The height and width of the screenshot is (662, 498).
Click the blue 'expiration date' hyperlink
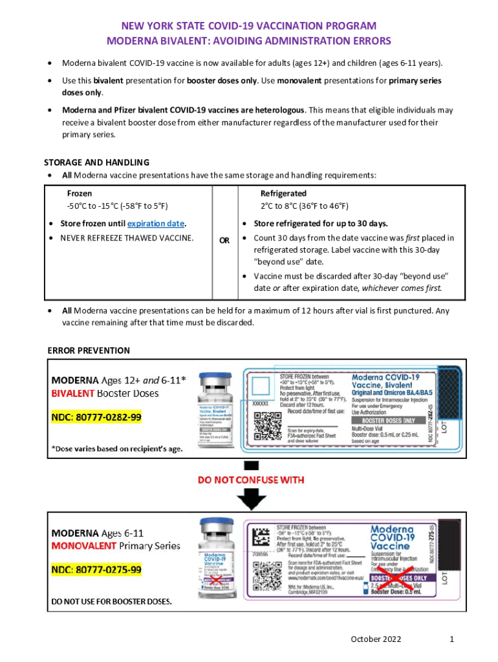[157, 224]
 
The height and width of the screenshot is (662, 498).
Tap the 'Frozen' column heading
[80, 193]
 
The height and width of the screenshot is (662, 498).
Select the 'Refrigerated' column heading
[283, 193]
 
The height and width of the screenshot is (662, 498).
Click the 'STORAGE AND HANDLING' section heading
[96, 162]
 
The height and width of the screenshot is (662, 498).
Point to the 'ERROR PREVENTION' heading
[89, 350]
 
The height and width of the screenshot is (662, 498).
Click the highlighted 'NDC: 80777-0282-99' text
[96, 417]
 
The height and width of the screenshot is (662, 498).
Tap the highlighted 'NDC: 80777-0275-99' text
[96, 570]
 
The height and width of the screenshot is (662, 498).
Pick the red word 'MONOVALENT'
[85, 546]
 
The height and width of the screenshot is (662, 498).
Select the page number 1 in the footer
[452, 639]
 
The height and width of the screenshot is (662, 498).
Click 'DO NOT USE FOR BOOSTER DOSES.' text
[112, 602]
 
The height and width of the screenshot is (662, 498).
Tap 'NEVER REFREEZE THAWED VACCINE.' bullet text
[127, 239]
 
